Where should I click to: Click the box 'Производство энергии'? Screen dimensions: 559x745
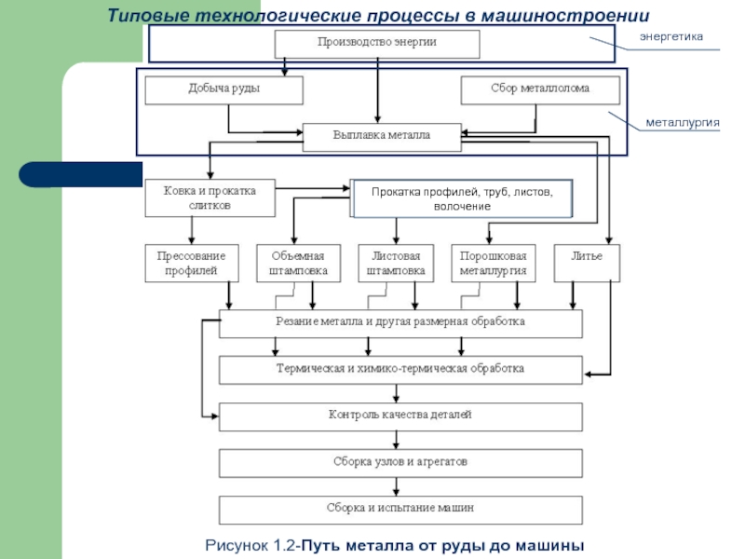point(376,43)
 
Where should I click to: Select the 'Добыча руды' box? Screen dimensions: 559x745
point(223,89)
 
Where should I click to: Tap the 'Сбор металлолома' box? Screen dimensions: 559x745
point(540,89)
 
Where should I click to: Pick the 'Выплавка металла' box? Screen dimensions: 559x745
point(382,136)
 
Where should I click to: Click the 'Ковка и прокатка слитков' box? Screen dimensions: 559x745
point(209,198)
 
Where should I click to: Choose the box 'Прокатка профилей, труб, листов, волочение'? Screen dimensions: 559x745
point(462,198)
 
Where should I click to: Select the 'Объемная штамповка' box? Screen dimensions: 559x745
point(298,263)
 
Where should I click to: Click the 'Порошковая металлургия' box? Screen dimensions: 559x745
point(494,263)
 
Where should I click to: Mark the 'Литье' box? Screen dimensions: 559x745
point(587,257)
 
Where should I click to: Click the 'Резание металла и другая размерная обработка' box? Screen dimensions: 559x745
point(400,322)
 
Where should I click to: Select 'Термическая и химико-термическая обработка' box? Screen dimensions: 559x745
point(400,369)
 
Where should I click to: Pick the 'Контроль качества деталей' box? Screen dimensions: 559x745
point(400,416)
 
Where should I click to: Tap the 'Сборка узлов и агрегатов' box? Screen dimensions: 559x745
point(400,462)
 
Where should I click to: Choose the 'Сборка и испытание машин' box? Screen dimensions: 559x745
point(400,510)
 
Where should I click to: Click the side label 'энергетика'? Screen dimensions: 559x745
point(670,35)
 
